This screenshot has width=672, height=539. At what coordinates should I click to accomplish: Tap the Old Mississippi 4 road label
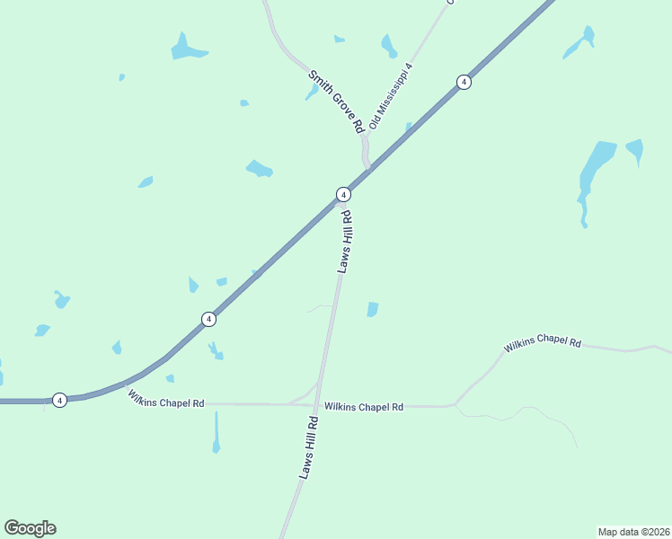tap(391, 96)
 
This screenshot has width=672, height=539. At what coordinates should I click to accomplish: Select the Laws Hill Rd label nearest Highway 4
tap(345, 242)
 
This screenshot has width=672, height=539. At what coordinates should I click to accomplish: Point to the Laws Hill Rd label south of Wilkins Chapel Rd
tap(309, 446)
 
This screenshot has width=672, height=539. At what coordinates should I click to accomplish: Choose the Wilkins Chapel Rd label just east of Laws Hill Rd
tap(364, 407)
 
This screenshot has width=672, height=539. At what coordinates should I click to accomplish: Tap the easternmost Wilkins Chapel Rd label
tap(543, 344)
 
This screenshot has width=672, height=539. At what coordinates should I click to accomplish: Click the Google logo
tap(30, 528)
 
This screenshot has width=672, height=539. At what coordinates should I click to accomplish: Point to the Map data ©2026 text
tap(633, 531)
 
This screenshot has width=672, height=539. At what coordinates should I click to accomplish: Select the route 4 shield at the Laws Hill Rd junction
tap(343, 194)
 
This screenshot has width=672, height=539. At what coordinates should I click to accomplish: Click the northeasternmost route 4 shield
tap(464, 82)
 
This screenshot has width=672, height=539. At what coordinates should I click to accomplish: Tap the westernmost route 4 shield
tap(59, 400)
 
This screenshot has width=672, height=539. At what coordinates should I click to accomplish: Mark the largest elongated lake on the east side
tap(593, 175)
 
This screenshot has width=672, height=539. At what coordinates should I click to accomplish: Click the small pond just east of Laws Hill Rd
tap(373, 310)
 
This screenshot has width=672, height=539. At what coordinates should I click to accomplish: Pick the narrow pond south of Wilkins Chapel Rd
tap(217, 435)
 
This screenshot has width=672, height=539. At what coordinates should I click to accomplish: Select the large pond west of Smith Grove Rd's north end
tap(187, 49)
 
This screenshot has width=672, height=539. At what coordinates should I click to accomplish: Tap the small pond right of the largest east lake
tap(635, 150)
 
